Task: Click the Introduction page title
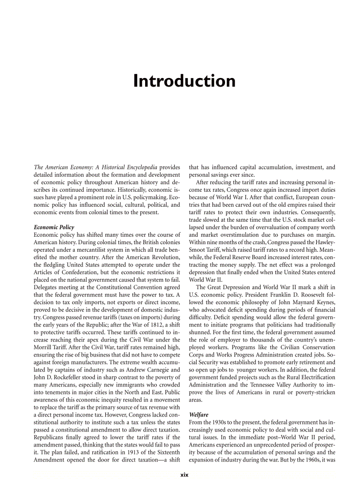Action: tap(184, 81)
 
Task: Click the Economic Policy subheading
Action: tap(54, 227)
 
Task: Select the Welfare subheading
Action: tap(199, 415)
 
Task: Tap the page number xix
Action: tap(184, 475)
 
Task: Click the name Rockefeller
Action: tap(78, 377)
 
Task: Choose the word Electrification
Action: tap(314, 377)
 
